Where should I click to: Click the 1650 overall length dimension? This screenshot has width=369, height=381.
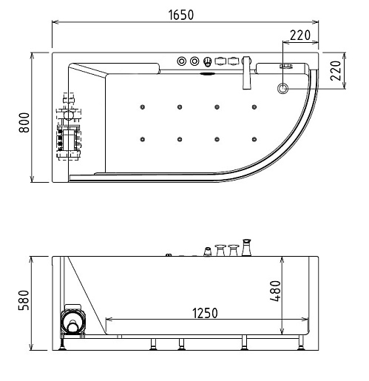(181, 15)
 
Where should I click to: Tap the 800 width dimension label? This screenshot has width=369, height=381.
(24, 123)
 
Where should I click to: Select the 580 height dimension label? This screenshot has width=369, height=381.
(24, 300)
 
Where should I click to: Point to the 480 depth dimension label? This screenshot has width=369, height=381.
(275, 291)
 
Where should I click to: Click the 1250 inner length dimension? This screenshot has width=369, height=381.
(205, 313)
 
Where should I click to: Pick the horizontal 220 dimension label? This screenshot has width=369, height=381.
(300, 36)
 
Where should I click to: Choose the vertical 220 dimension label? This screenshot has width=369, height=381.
(336, 71)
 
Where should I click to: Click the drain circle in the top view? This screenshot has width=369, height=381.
(282, 88)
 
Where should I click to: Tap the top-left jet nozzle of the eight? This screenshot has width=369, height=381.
(143, 107)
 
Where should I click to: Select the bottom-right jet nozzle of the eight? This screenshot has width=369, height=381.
(254, 139)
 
